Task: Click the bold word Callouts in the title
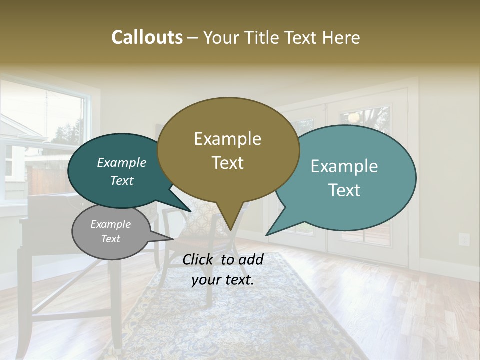tap(147, 37)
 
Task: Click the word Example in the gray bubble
tap(110, 224)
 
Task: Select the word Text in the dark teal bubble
tap(122, 180)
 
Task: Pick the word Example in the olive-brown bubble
tap(227, 139)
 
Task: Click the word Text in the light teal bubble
tap(345, 190)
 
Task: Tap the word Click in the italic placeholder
tap(199, 259)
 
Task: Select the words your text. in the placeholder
tap(223, 280)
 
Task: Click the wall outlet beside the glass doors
tap(464, 239)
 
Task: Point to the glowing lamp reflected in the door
tap(354, 118)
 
